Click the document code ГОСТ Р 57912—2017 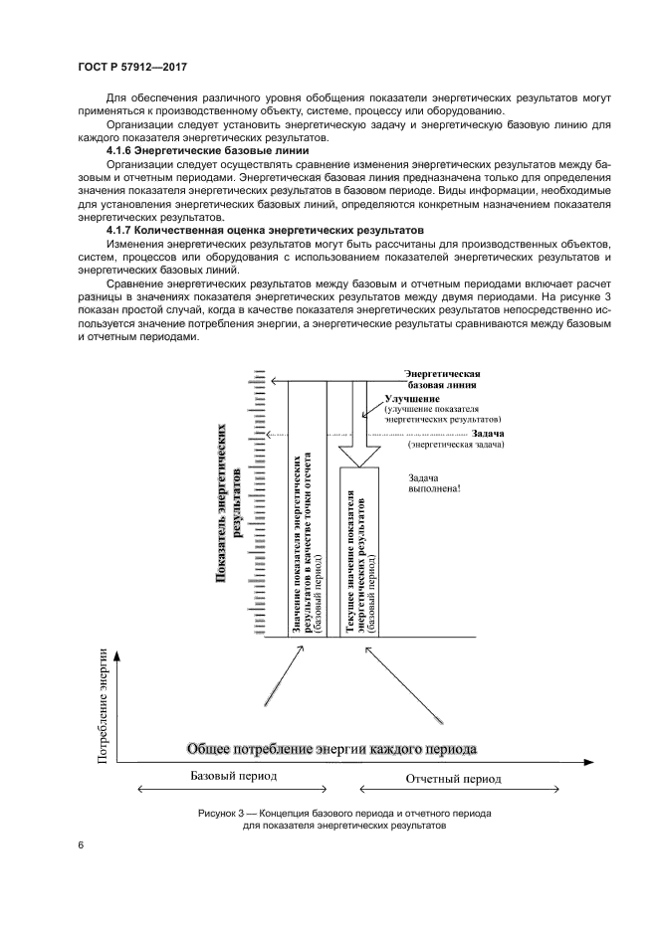pos(132,67)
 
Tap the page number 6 pos(81,844)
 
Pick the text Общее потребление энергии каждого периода pos(332,747)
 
